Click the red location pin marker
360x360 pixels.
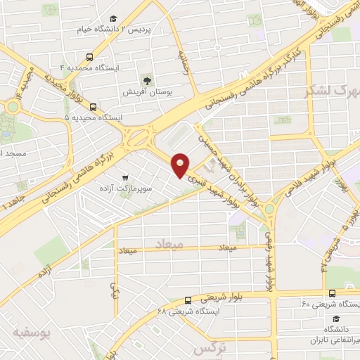tap(181, 165)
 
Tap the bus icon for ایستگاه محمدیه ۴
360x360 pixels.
tap(89, 57)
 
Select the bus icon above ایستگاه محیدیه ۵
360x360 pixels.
tap(94, 107)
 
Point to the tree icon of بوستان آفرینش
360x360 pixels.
tap(147, 79)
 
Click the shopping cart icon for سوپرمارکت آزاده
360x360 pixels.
tap(124, 178)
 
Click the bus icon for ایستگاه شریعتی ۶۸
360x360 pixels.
tap(186, 300)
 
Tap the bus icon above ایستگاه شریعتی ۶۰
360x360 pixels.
tap(331, 293)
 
